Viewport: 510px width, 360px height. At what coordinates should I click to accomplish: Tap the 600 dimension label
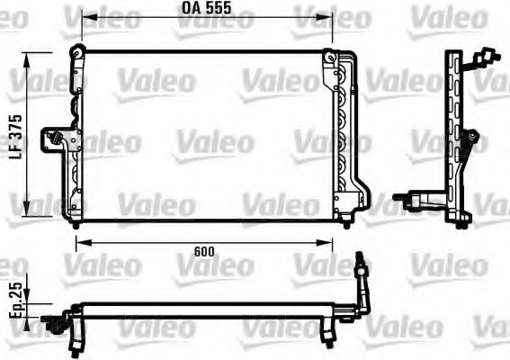point(204,253)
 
